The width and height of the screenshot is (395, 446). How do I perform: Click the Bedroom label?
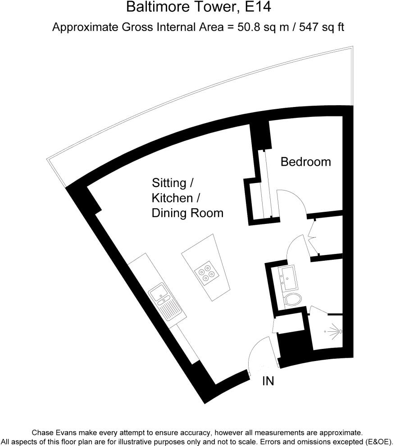click(305, 162)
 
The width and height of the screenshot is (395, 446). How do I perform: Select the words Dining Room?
click(187, 213)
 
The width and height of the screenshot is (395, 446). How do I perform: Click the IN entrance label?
click(268, 381)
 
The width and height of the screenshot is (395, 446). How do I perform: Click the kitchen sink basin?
click(159, 294)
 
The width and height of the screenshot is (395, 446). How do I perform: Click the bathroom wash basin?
click(286, 278)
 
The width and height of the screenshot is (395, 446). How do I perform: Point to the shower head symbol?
click(334, 332)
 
